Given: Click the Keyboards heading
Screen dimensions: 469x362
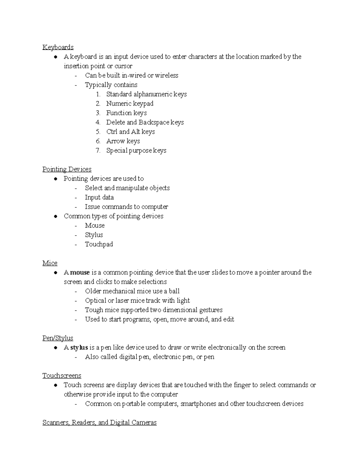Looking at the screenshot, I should [x=58, y=47].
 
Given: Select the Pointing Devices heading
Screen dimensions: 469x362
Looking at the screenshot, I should [x=67, y=169].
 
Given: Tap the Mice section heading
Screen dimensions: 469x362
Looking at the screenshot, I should [x=50, y=263].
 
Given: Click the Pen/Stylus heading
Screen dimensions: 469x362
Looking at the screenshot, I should [x=58, y=338].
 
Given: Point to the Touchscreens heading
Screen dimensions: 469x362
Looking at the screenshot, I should [x=62, y=375].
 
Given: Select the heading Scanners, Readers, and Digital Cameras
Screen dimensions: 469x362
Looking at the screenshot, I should [x=99, y=422].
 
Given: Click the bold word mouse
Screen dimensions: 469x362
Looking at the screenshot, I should [x=80, y=272].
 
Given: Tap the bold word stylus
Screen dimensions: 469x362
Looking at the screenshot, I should [x=79, y=348].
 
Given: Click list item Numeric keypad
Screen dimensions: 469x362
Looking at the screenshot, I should [x=130, y=104].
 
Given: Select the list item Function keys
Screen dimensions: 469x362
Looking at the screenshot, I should [x=126, y=113].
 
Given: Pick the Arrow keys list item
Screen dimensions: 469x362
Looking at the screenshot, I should [x=123, y=141].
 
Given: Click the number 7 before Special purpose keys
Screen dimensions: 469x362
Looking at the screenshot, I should [x=98, y=150].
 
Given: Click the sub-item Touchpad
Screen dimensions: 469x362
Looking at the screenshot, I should [x=99, y=244].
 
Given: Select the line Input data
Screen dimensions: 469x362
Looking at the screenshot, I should [x=99, y=198].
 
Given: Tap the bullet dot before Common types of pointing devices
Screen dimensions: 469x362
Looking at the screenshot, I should [x=56, y=216].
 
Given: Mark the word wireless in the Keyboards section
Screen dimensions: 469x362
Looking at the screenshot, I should [x=167, y=75].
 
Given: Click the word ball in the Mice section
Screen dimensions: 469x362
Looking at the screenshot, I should [x=174, y=291].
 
